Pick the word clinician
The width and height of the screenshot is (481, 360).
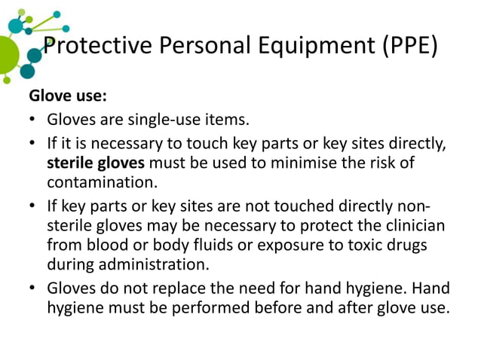click(x=412, y=224)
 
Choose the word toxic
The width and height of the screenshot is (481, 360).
click(x=354, y=245)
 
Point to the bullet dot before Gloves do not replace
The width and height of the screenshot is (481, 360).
click(x=33, y=288)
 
